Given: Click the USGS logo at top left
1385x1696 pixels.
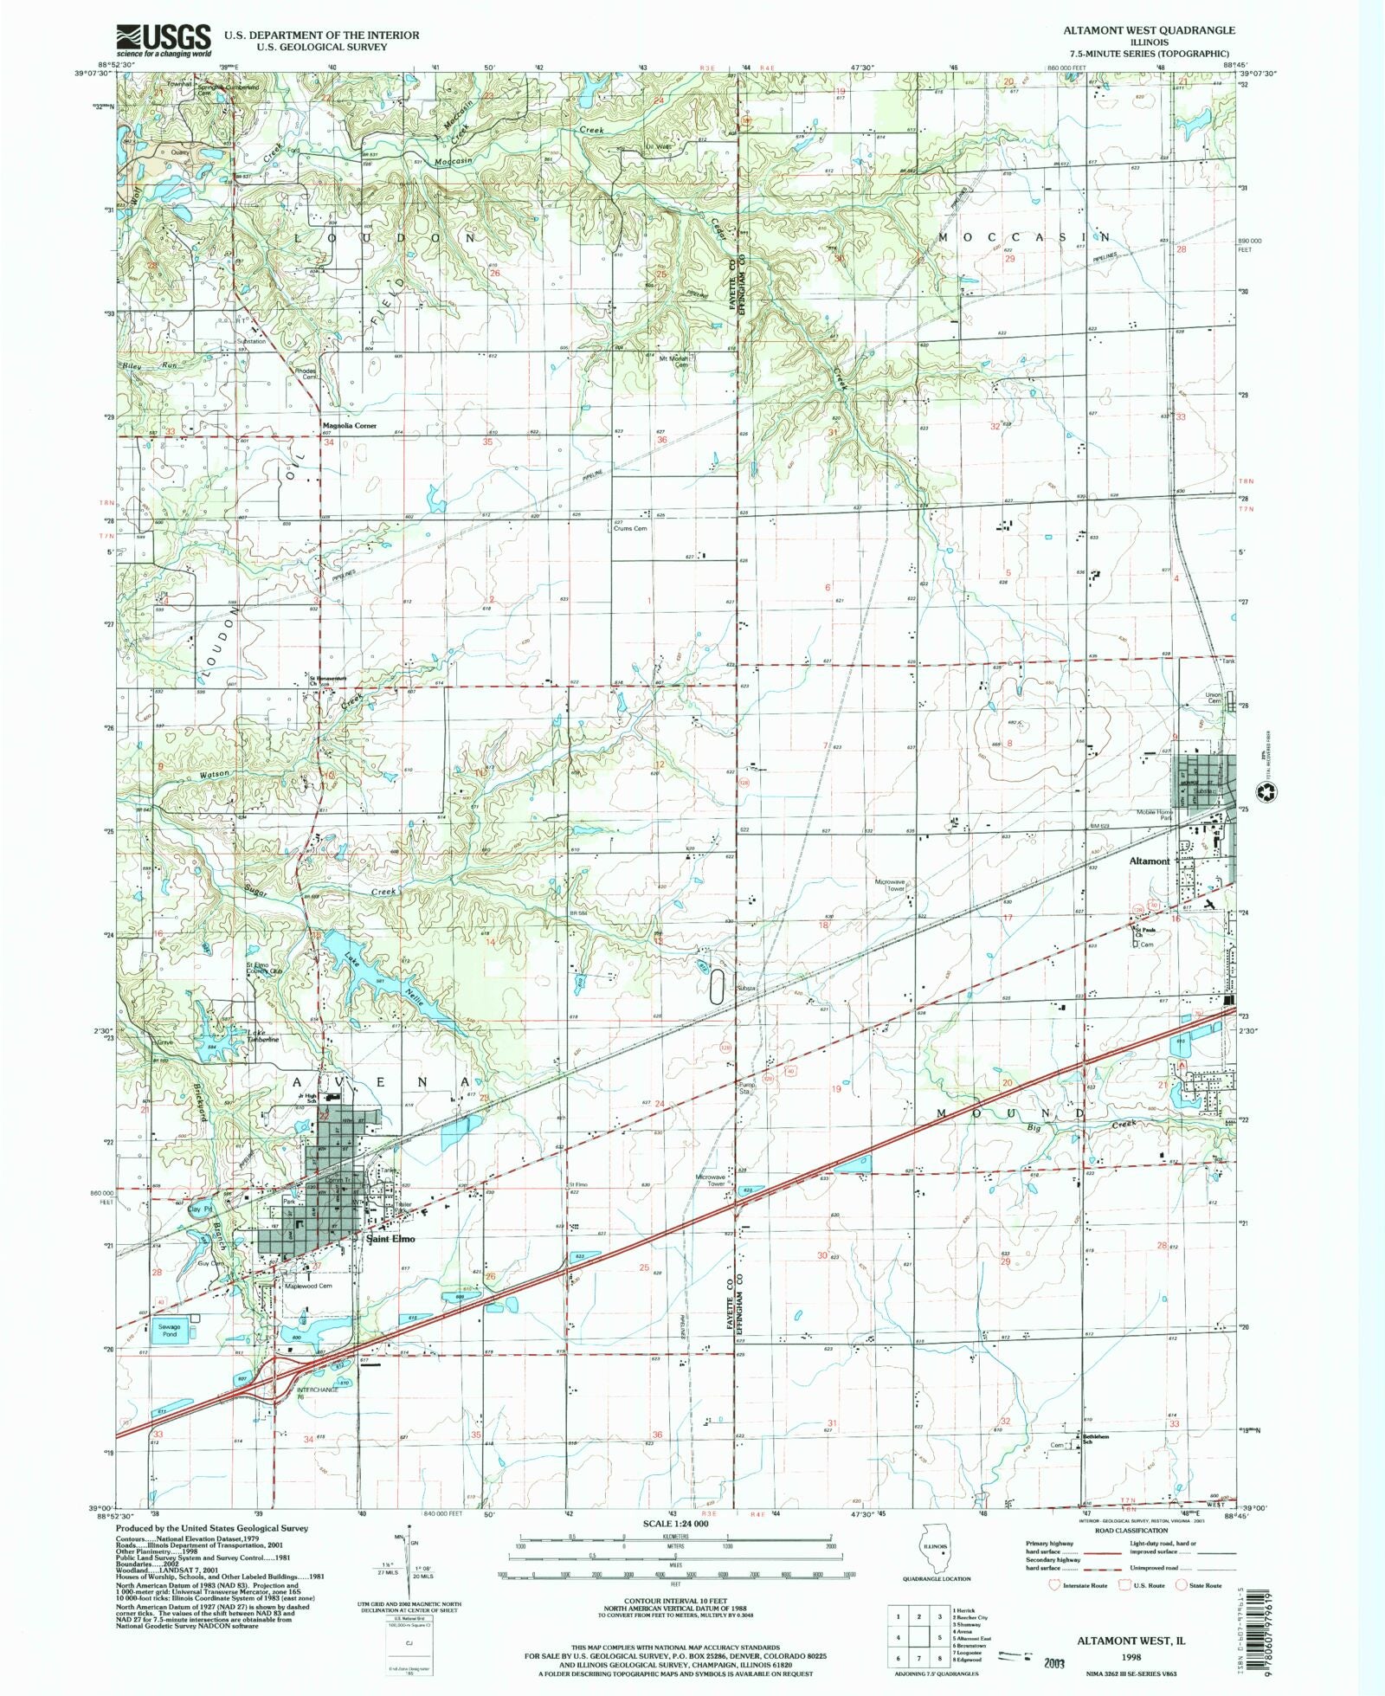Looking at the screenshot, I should click(164, 40).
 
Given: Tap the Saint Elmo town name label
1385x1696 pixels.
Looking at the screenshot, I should click(390, 1239).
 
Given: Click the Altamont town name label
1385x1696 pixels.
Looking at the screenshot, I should click(1149, 861).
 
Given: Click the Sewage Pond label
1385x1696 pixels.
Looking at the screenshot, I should click(169, 1330).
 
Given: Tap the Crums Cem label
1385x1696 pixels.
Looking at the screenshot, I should click(630, 528).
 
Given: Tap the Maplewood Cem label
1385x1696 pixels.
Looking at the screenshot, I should click(309, 1286).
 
